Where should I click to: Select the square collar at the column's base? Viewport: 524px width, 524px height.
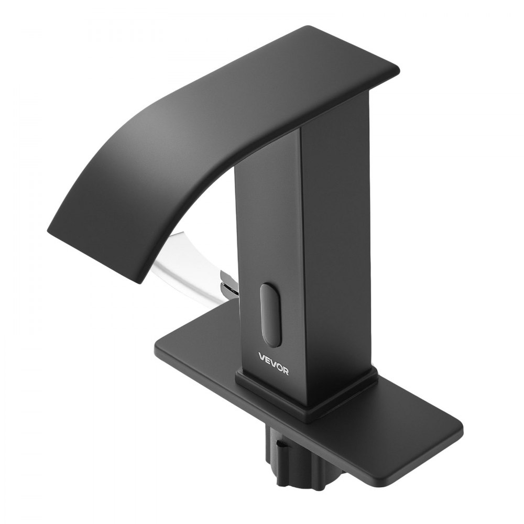click(x=309, y=398)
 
